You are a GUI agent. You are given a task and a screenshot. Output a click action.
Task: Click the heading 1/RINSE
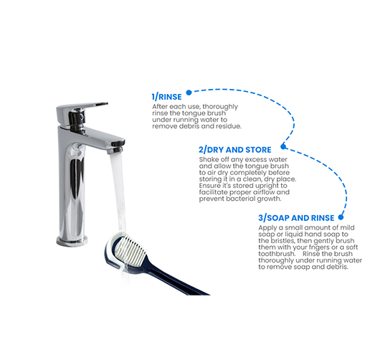coord(166,97)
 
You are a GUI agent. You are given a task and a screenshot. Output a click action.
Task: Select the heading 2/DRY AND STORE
coord(235,150)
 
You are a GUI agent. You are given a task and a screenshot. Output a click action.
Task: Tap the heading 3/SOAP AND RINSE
coord(296,218)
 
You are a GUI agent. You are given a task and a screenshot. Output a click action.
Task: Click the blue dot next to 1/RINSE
coord(189,93)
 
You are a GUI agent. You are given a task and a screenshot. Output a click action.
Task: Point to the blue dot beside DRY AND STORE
coord(283,146)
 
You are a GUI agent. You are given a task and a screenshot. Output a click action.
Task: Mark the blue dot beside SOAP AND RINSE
coord(341,217)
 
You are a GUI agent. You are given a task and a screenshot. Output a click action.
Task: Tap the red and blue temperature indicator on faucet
coord(82,118)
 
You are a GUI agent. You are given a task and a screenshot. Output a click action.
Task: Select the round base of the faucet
coord(72,241)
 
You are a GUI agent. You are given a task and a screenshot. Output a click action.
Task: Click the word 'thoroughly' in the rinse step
coord(220,107)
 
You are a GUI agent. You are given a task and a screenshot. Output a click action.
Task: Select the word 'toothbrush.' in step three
coord(277,254)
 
